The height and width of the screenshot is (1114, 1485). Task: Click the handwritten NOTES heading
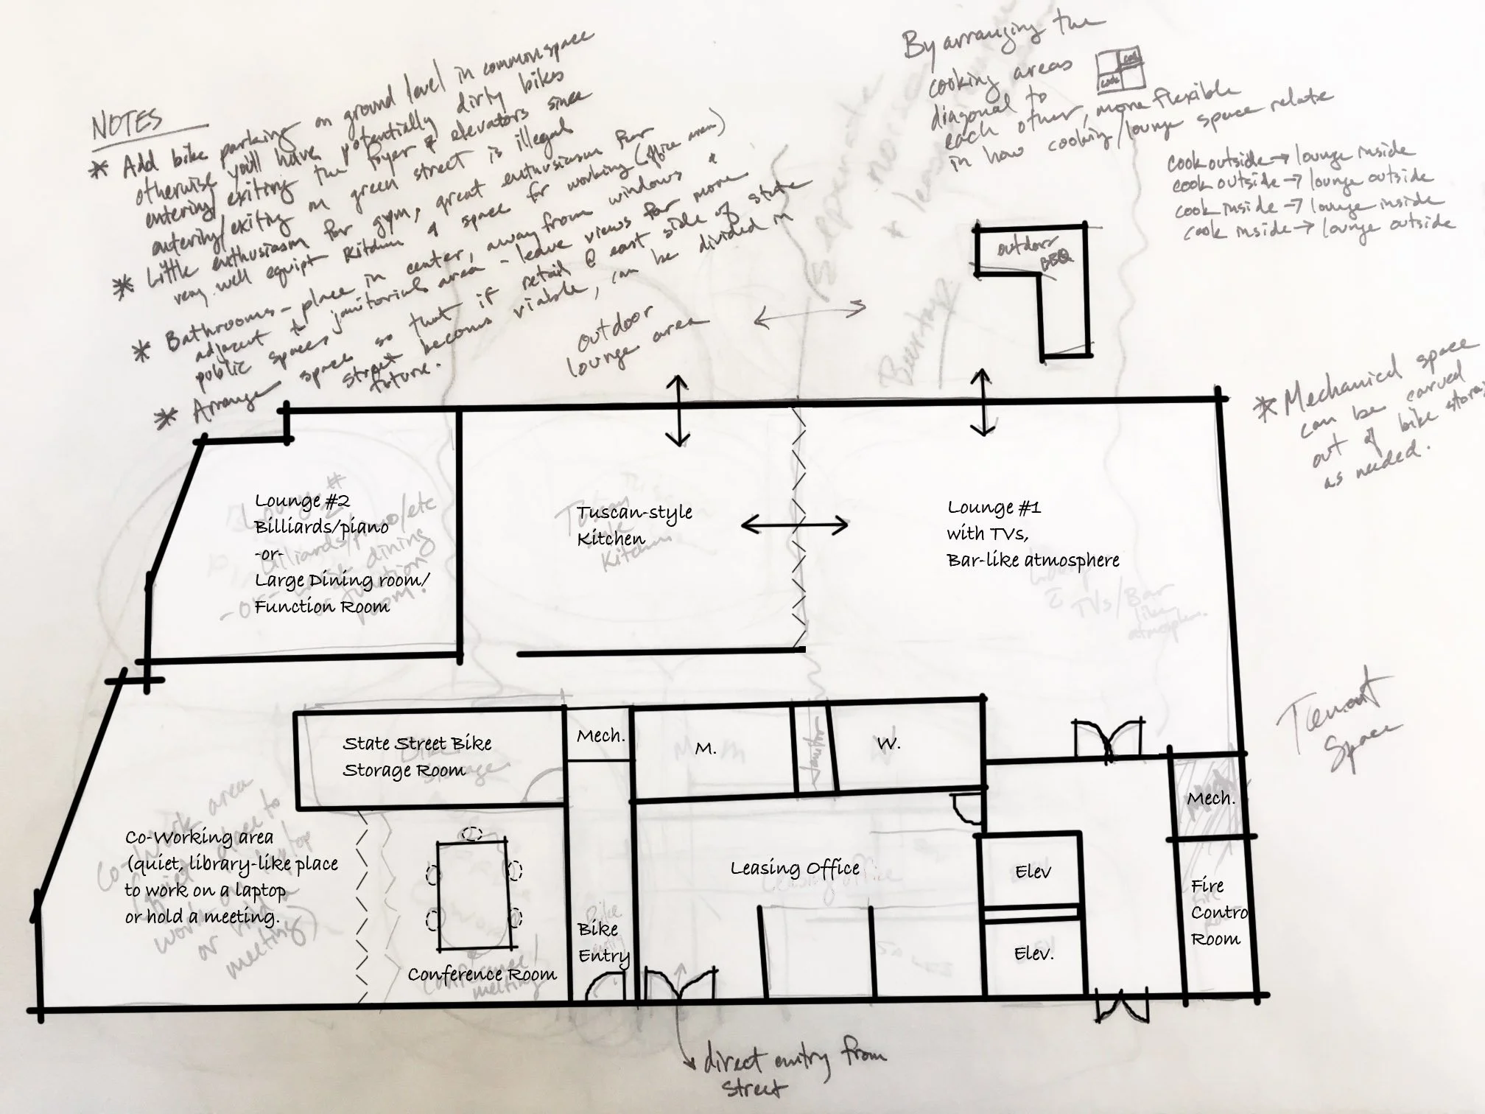(x=127, y=125)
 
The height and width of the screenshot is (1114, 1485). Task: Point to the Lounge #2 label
(x=302, y=501)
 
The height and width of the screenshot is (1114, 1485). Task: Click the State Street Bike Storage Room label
(x=416, y=757)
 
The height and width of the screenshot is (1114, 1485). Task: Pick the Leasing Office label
(x=795, y=869)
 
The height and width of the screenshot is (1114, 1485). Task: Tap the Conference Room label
(x=482, y=975)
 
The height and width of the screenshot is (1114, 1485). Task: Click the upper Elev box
(x=1031, y=872)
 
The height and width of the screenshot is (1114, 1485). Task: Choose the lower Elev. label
(x=1033, y=954)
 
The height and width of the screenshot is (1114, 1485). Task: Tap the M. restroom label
(x=706, y=749)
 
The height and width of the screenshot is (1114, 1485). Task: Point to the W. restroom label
(x=888, y=744)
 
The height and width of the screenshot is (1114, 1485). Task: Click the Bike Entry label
(x=602, y=942)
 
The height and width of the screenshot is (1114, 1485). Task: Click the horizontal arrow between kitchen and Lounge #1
(x=794, y=525)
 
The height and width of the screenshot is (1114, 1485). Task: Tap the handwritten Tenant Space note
(x=1337, y=726)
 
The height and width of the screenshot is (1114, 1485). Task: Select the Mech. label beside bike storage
(x=600, y=736)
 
